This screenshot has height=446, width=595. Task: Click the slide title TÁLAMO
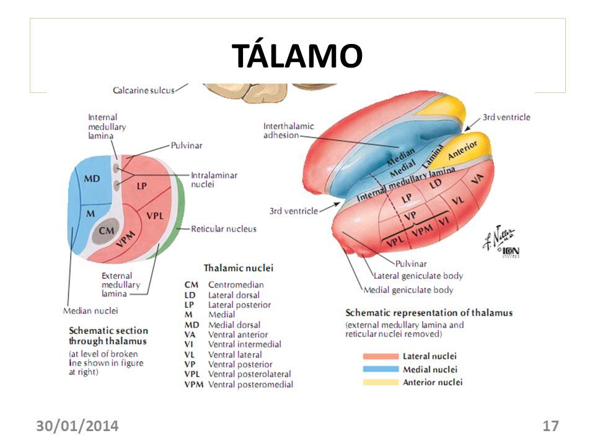pyautogui.click(x=297, y=57)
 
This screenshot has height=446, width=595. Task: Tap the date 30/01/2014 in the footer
pyautogui.click(x=77, y=426)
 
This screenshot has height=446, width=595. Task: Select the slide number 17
pyautogui.click(x=550, y=426)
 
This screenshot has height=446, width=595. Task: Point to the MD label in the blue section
pyautogui.click(x=92, y=178)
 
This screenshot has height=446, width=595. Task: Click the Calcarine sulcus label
pyautogui.click(x=143, y=90)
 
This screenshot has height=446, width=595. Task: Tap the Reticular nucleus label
pyautogui.click(x=224, y=229)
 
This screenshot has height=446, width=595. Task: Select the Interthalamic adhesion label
pyautogui.click(x=289, y=131)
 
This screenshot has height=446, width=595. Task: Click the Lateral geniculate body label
pyautogui.click(x=418, y=276)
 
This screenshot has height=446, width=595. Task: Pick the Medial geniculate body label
pyautogui.click(x=408, y=290)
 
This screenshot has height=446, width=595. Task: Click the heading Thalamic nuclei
pyautogui.click(x=239, y=268)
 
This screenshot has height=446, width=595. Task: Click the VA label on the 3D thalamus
pyautogui.click(x=477, y=179)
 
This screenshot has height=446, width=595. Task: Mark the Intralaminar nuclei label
pyautogui.click(x=214, y=180)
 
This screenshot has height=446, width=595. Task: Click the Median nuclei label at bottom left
pyautogui.click(x=90, y=310)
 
